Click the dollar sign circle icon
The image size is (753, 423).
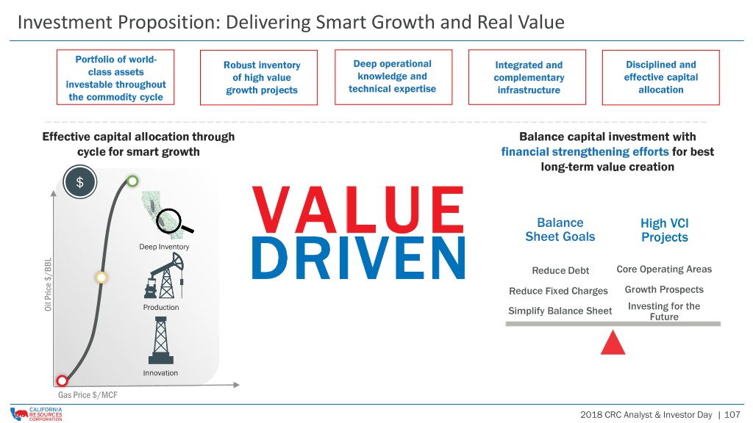tap(79, 182)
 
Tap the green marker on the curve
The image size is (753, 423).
tap(132, 181)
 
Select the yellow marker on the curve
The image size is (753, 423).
tap(101, 277)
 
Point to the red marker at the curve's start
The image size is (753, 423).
tap(62, 381)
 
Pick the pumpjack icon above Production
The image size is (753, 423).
tap(164, 275)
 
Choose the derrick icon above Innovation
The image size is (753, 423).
tap(161, 340)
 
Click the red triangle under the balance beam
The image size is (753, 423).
tap(613, 342)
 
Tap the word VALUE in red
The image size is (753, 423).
tap(358, 209)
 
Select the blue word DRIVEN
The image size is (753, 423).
tap(358, 258)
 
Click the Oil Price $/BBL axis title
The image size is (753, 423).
tap(48, 284)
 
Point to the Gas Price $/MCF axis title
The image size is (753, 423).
tap(88, 394)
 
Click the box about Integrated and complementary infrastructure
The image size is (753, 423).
tap(527, 77)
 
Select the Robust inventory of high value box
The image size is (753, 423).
tap(259, 77)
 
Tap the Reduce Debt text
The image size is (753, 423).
tap(560, 270)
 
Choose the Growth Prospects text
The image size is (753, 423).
tap(664, 289)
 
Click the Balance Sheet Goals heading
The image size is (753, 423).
tap(560, 230)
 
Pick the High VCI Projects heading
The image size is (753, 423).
tap(665, 230)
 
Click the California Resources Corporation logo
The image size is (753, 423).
tap(36, 414)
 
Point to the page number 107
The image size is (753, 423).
tap(732, 415)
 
